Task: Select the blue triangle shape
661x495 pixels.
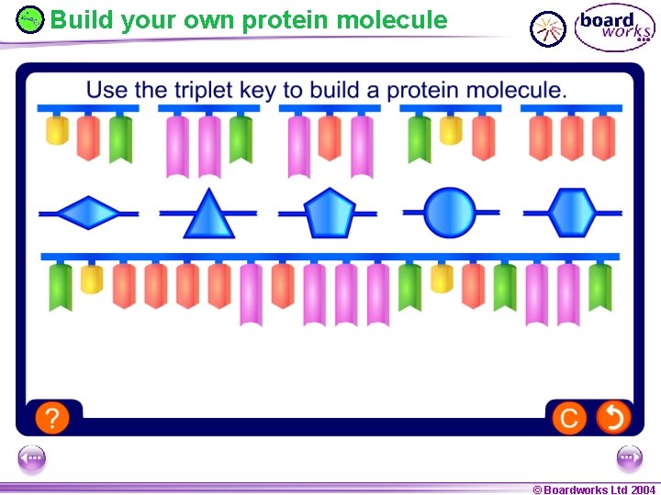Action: [209, 215]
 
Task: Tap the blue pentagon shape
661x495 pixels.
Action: [329, 214]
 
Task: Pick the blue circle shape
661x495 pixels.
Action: [451, 213]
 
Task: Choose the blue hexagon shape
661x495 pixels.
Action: [573, 213]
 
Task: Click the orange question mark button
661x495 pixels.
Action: [52, 418]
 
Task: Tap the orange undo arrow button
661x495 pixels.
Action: [612, 418]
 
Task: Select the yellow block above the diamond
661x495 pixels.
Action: [57, 130]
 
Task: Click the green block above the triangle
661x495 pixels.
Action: [241, 138]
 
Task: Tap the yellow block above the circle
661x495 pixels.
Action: [450, 130]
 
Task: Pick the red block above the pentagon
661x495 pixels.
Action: [330, 138]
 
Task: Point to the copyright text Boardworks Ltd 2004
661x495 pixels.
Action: [594, 489]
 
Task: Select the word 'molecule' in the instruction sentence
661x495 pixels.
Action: [520, 90]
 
